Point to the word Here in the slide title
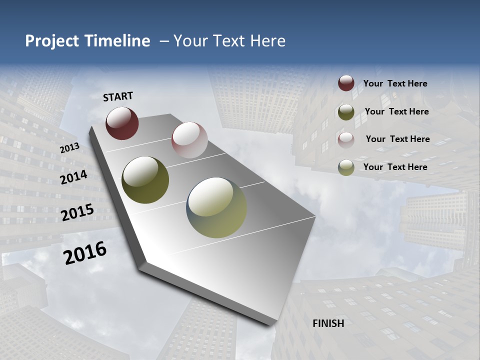click(267, 41)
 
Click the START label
click(118, 96)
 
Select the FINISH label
click(328, 323)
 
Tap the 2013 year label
click(69, 148)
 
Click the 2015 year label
click(77, 212)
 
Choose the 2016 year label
click(85, 253)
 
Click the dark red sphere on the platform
click(122, 123)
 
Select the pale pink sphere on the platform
click(189, 140)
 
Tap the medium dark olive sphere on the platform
click(145, 180)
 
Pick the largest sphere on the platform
click(216, 207)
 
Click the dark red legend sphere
click(346, 83)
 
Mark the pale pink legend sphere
click(346, 139)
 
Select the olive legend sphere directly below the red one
click(346, 112)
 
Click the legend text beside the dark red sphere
click(395, 84)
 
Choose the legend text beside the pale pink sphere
click(397, 139)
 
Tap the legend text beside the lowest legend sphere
click(395, 167)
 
